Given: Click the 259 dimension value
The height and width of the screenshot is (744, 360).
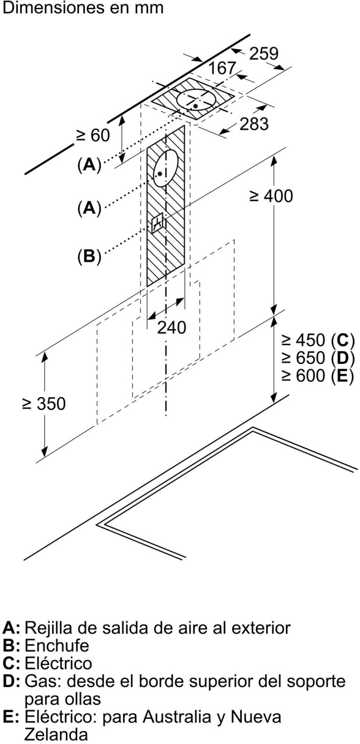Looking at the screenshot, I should [264, 54].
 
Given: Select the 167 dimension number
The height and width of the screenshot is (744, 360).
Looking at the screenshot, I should [221, 68].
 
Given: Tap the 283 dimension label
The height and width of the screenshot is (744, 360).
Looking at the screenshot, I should [254, 124].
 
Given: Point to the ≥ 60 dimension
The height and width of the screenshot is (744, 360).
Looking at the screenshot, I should [93, 135].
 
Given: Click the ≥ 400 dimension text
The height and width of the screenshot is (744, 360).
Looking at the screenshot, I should [271, 196].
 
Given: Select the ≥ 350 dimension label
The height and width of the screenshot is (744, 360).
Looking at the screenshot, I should [44, 404].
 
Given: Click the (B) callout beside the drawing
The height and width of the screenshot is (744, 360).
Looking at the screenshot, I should [89, 256].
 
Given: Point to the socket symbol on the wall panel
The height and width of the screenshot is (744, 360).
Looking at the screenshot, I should [158, 224].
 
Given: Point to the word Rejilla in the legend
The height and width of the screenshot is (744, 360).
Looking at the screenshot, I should [47, 627].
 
